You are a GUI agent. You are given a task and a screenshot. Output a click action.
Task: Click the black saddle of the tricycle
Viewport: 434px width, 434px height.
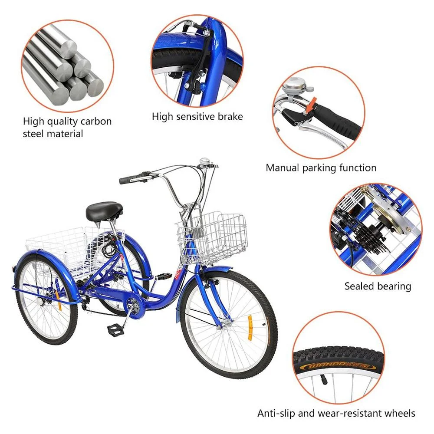tap(104, 210)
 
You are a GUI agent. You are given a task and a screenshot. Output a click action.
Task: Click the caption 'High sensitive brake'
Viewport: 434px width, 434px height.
tap(197, 117)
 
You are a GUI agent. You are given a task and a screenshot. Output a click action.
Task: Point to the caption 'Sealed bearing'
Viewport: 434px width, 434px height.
tap(378, 286)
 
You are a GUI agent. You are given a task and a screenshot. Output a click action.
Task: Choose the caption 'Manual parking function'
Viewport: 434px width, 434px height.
tap(321, 168)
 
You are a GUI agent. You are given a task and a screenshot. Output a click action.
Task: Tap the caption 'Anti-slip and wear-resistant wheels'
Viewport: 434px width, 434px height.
tap(336, 413)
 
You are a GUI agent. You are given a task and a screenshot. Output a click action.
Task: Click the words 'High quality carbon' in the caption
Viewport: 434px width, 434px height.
tap(67, 121)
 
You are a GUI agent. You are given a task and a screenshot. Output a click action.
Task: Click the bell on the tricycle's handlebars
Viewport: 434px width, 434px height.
tap(204, 164)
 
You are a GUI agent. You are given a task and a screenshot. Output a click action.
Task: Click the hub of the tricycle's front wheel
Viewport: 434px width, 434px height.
tap(225, 323)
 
